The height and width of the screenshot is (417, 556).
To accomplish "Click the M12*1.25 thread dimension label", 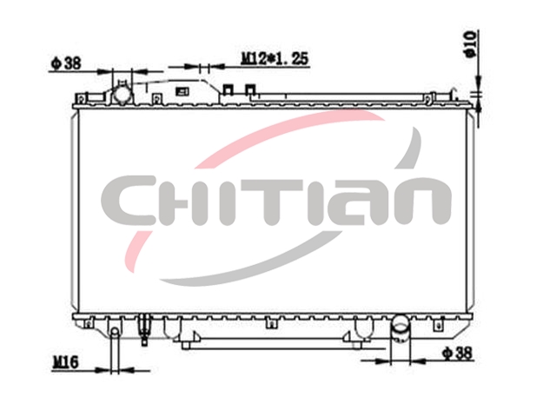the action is [275, 59].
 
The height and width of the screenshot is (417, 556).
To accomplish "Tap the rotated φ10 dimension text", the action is [470, 44].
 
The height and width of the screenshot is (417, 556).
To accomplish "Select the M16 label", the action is [66, 362].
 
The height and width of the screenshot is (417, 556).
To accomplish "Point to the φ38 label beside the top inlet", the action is [66, 63].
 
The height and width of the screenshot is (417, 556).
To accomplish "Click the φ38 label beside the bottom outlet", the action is [458, 354].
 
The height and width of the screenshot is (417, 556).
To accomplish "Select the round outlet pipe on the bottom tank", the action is [400, 329].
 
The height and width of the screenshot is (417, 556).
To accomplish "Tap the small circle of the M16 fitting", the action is [115, 332].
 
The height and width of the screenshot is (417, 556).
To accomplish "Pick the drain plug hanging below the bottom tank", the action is [144, 329].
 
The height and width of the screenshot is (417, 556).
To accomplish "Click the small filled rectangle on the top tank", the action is [182, 91].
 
